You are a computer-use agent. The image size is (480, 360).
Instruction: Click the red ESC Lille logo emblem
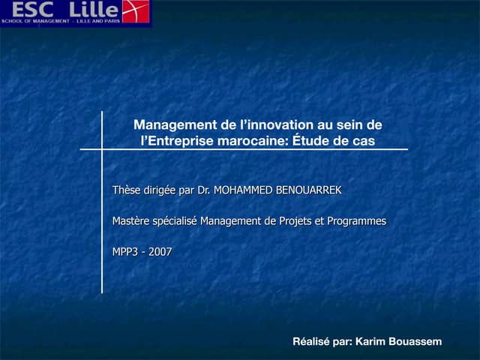tap(136, 11)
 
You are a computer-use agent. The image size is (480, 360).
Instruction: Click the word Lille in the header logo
tap(94, 10)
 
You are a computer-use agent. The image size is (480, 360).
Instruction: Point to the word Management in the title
tap(171, 125)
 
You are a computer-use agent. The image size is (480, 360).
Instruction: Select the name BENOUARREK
tap(309, 190)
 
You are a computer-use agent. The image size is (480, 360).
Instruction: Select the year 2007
tap(160, 252)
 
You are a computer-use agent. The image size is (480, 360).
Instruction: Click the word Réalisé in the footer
tap(310, 342)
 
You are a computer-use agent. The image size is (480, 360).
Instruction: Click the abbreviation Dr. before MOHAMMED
tap(204, 190)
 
